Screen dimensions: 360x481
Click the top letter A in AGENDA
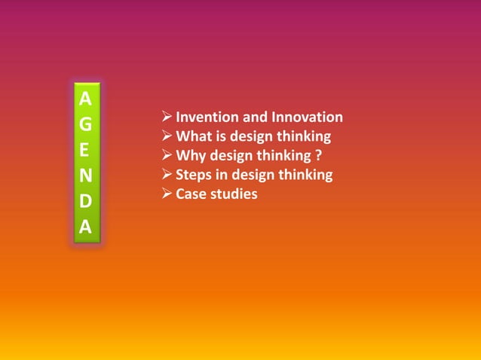86,99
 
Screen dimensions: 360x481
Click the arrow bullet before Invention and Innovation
167,117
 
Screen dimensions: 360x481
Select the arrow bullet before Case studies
167,195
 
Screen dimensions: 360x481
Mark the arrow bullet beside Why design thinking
167,157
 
